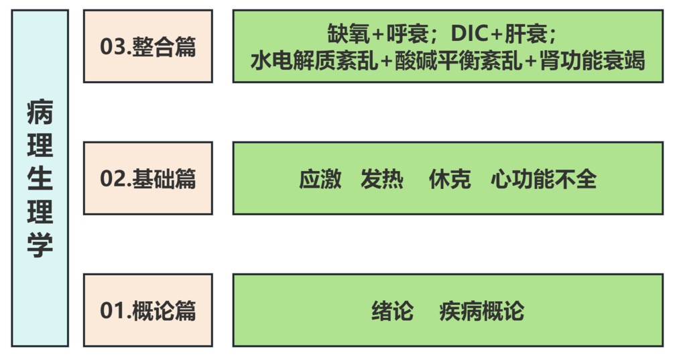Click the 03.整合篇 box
(x=147, y=46)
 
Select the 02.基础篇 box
(x=147, y=178)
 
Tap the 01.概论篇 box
(x=147, y=310)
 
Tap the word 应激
(x=320, y=179)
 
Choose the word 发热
(x=381, y=179)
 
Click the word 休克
(x=449, y=179)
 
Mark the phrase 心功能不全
(x=543, y=179)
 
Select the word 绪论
(x=392, y=311)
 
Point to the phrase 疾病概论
(x=481, y=311)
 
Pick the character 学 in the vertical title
(x=40, y=245)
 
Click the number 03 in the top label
(x=110, y=47)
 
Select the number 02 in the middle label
(x=110, y=179)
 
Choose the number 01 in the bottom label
(x=110, y=311)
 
